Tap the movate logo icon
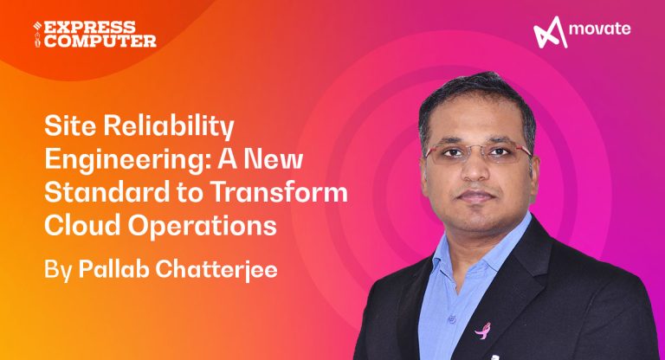click(x=549, y=33)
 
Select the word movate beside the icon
click(x=600, y=31)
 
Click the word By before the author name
click(x=57, y=268)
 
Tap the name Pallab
click(x=112, y=267)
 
